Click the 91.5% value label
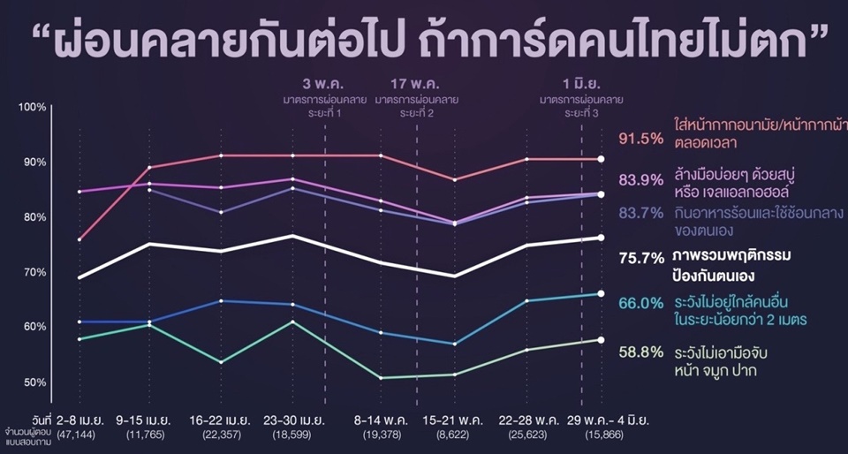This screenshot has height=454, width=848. [x=640, y=138]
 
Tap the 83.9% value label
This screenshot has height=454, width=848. [x=640, y=180]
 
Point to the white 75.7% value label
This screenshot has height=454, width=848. [x=640, y=258]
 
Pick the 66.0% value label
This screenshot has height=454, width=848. [x=640, y=302]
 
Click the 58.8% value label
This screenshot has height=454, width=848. [x=640, y=352]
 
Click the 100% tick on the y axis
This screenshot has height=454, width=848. [x=32, y=107]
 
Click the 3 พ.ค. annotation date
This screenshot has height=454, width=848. [x=319, y=84]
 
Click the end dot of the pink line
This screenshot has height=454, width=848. [x=601, y=159]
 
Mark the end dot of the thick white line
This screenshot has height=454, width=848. [x=601, y=238]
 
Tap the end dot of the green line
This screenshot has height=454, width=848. [x=601, y=340]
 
